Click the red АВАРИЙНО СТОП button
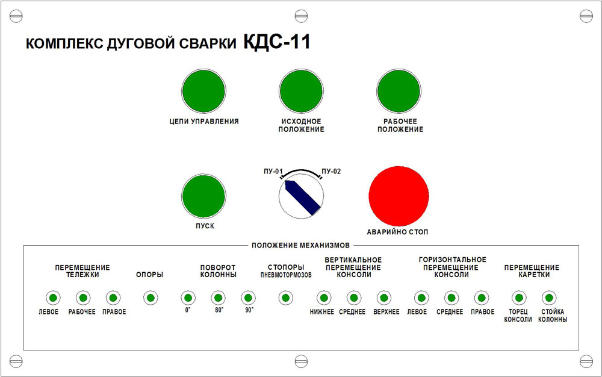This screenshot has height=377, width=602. tap(399, 196)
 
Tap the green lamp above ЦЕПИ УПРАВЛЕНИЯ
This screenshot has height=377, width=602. tap(203, 92)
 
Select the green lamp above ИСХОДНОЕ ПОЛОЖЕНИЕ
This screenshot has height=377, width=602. tap(301, 92)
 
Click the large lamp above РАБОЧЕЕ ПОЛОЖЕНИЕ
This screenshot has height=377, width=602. tap(399, 92)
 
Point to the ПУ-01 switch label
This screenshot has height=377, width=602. tap(273, 171)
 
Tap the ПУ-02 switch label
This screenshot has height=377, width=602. tap(331, 171)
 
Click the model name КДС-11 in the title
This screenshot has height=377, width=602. tap(277, 42)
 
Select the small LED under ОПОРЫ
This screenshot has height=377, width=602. tap(150, 298)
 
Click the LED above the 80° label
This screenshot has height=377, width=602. tap(218, 298)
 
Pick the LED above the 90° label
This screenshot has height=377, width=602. tap(248, 298)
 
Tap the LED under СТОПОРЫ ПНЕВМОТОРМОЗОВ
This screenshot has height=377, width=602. tap(285, 298)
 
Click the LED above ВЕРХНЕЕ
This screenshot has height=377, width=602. tap(384, 298)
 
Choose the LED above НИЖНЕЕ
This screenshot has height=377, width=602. tap(324, 298)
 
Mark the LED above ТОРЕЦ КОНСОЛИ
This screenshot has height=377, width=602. tap(519, 298)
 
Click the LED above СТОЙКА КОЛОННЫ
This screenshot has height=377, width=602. tap(549, 298)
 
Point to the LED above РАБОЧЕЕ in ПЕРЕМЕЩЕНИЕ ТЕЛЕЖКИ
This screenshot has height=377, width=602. tap(83, 298)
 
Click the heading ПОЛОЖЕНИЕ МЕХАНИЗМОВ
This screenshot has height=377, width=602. tap(300, 245)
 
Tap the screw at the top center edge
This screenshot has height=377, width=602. tap(301, 16)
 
